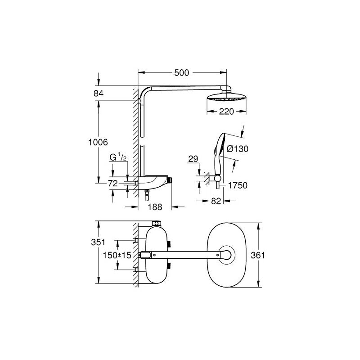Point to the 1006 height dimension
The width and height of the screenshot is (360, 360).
pos(99,142)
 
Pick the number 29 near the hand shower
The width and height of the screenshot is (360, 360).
pos(193,158)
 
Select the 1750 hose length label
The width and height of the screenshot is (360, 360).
pos(238,184)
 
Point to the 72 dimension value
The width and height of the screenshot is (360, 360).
pos(113,183)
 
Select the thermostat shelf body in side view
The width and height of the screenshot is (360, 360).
pos(155,183)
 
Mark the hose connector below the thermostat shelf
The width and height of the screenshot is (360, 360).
pos(147,196)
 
